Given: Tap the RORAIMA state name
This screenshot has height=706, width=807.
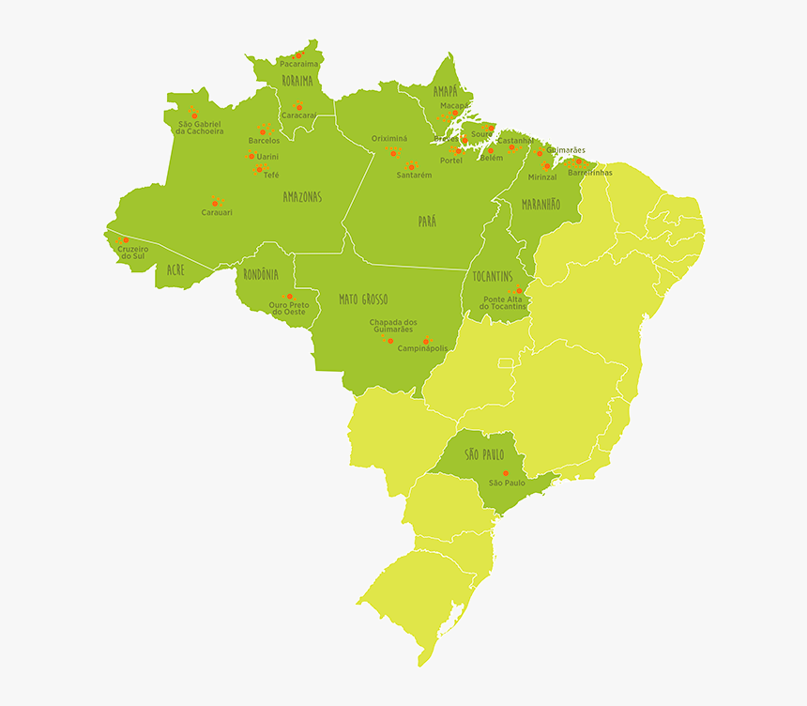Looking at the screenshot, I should click(297, 82).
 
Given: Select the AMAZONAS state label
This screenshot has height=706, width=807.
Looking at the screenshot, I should click(302, 197).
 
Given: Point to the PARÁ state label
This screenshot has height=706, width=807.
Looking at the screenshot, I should click(427, 222).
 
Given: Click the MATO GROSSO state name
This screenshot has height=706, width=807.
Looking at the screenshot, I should click(363, 299).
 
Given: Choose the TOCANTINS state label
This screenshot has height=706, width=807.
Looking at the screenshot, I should click(493, 276).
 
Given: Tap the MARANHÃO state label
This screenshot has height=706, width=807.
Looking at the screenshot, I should click(541, 204).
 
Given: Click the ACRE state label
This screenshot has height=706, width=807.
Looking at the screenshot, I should click(175, 269).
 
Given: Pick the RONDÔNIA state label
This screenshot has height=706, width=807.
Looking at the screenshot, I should click(261, 274).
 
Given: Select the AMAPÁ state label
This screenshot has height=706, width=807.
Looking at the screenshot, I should click(446, 91).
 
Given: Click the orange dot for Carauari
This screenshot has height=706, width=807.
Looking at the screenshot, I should click(215, 203).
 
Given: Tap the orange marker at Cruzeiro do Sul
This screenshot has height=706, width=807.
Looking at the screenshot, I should click(126, 240).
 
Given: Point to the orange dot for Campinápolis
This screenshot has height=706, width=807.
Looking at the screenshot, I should click(426, 342).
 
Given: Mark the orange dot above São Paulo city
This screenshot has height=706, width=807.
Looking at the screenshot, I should click(505, 472).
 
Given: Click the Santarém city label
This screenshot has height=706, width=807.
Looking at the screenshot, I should click(414, 176).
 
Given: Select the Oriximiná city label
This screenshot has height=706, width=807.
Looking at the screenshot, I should click(389, 138).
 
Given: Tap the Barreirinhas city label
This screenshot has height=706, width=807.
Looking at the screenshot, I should click(590, 173).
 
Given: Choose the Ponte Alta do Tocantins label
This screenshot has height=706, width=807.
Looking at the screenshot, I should click(503, 303).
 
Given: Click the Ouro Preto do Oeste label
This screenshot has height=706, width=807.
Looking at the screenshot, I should click(288, 308).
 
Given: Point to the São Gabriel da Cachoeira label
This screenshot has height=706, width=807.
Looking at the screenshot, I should click(199, 128).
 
